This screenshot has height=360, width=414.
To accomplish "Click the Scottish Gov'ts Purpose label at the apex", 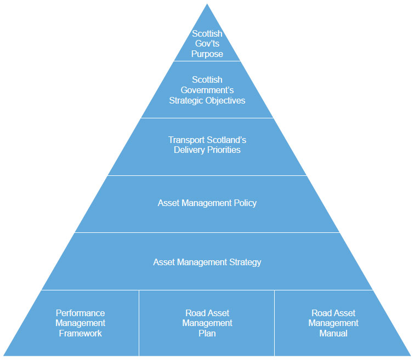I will (207, 44).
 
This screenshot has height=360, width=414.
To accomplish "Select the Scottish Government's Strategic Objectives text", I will (207, 90).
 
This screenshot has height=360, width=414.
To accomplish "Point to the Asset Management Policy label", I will (207, 203).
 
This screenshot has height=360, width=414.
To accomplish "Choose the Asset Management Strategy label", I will (207, 262).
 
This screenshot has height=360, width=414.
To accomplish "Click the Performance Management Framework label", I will (81, 323).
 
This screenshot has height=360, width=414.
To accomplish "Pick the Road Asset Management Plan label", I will (207, 323).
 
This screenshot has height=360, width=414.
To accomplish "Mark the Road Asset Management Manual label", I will (333, 323).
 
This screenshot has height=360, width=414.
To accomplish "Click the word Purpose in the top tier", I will (207, 54).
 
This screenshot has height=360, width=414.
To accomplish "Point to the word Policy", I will (245, 203).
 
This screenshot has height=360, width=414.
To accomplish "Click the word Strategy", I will (243, 262).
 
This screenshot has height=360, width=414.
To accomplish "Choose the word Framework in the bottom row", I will (81, 333).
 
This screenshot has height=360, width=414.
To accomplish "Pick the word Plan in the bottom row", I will (207, 333).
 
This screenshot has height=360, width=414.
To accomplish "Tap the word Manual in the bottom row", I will (333, 333).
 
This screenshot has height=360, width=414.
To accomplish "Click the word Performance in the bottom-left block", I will (81, 313).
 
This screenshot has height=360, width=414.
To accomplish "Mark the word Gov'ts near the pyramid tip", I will (207, 44).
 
